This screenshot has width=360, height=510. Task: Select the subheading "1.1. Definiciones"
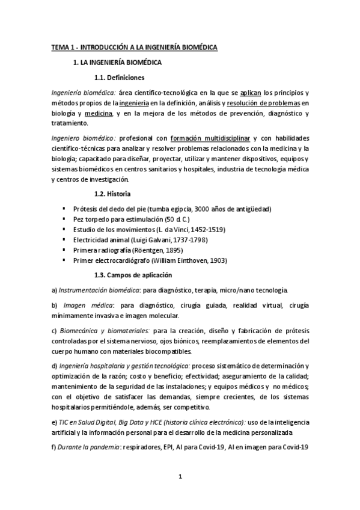click(119, 77)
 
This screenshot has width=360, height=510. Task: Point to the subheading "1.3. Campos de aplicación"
click(133, 274)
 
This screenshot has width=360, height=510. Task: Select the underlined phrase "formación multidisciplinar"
click(210, 138)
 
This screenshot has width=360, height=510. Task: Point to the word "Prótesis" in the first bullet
click(84, 208)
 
